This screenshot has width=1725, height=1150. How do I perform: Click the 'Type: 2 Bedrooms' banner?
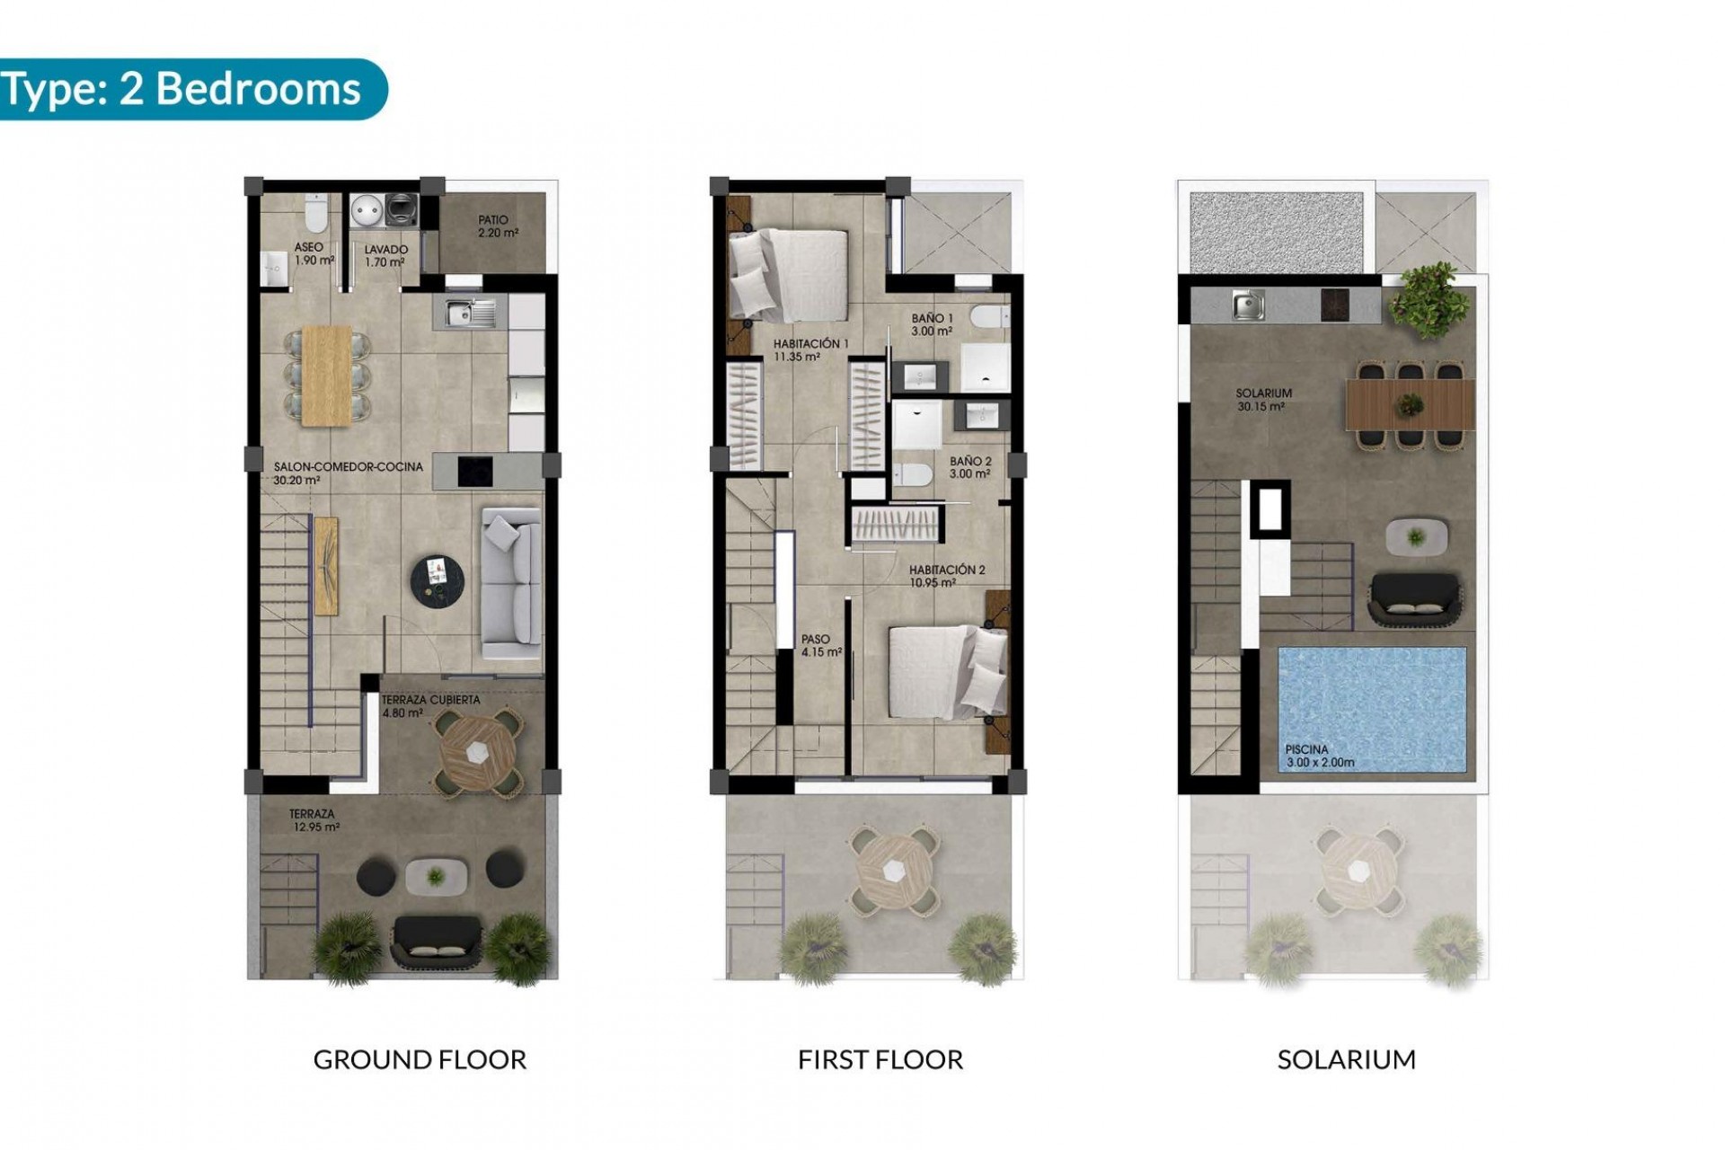coord(184,89)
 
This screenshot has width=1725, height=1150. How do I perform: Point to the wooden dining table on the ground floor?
coord(327,375)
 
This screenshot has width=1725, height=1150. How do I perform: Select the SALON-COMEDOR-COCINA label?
coord(336,473)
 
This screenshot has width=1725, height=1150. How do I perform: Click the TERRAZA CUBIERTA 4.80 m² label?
coord(430,706)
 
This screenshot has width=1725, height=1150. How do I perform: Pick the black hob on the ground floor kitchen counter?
coord(475,471)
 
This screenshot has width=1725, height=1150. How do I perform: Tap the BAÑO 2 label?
coord(970,467)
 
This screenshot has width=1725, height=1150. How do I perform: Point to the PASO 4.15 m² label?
coord(821,646)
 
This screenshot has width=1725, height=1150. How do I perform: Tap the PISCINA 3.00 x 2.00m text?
coord(1320,756)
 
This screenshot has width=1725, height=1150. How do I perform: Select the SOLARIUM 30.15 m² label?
coord(1263,400)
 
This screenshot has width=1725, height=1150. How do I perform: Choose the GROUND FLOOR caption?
coord(420,1059)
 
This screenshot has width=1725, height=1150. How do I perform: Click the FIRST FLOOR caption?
coord(880,1059)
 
